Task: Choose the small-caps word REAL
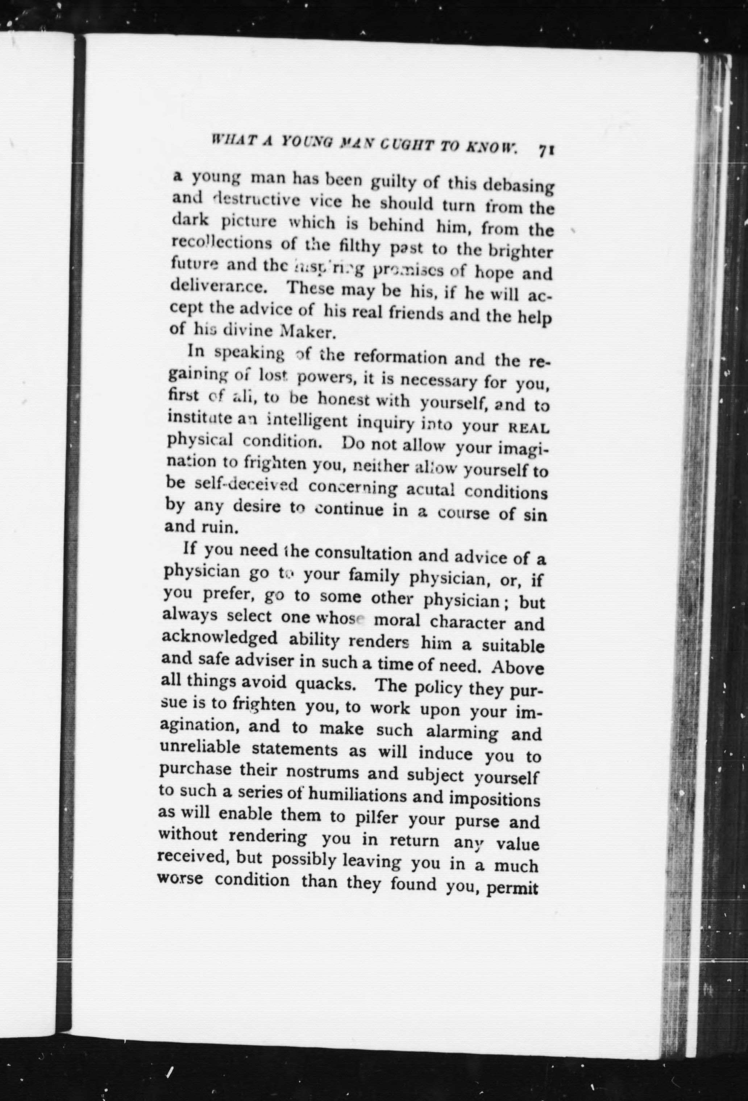coord(528,428)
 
